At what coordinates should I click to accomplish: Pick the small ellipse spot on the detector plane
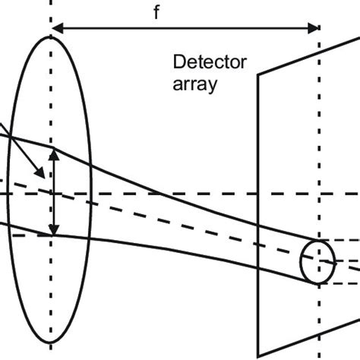(x=316, y=261)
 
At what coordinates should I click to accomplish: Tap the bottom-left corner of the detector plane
(x=259, y=356)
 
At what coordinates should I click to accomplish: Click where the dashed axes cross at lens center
(x=51, y=193)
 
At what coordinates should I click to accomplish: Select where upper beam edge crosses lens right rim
(x=90, y=163)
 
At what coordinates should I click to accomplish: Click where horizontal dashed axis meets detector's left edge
(x=259, y=193)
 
